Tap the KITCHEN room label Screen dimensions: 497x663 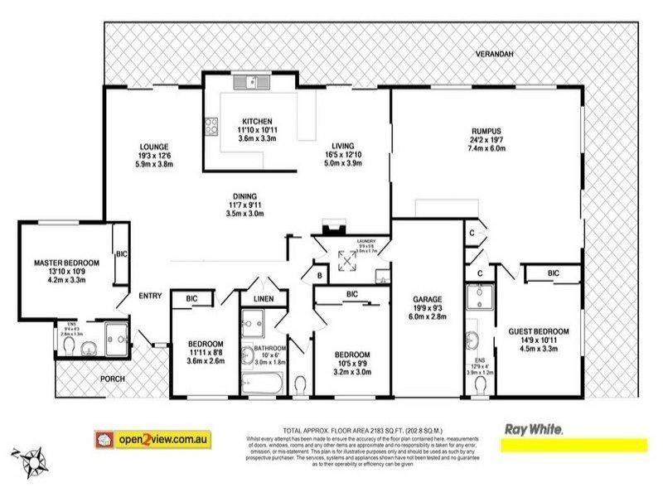point(246,119)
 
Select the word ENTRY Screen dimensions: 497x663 point(150,296)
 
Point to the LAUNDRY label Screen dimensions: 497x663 point(365,241)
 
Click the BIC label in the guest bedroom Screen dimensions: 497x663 point(553,273)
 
